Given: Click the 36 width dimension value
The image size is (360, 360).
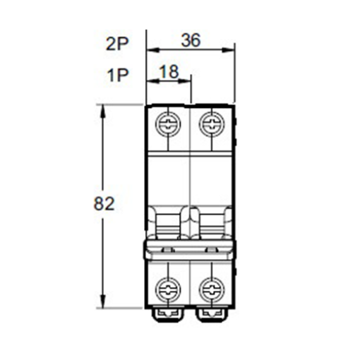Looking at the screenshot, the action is point(191,40).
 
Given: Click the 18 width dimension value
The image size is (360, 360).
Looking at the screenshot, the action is point(169,72).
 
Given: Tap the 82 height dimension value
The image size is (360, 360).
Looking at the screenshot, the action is point(104,203).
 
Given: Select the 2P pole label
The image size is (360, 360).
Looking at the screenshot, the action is point(117,44).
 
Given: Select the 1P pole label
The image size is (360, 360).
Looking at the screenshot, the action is point(118,76).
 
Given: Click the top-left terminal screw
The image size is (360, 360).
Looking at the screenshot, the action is point(168,124).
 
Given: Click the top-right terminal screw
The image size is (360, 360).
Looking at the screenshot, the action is point(212,124).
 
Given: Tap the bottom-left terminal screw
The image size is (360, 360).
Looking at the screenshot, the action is point(168,289).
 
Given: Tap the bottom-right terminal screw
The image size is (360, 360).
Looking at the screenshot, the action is point(212,289).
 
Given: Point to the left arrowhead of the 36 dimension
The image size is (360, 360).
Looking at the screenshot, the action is point(153,50).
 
